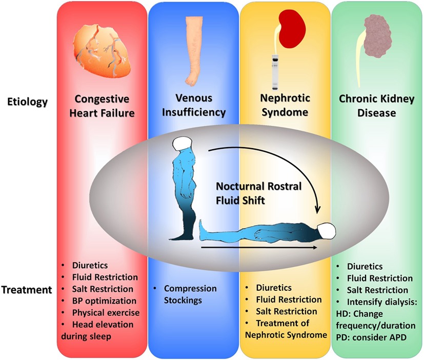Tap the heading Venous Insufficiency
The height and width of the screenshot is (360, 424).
pyautogui.click(x=194, y=106)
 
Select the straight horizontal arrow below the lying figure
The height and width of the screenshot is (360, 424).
pyautogui.click(x=256, y=247)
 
